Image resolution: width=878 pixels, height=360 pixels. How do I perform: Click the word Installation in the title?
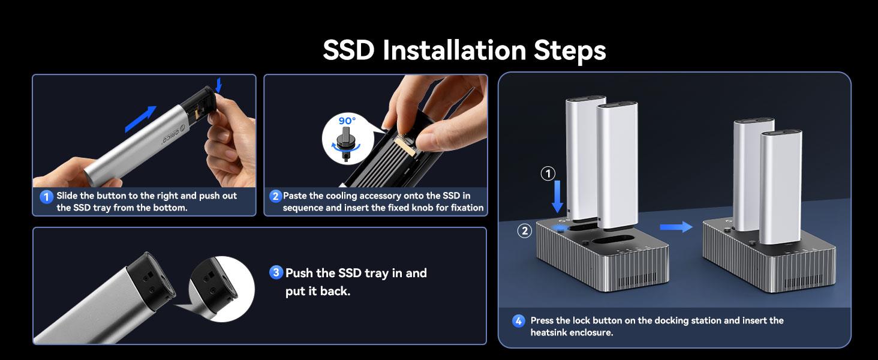[x=454, y=50]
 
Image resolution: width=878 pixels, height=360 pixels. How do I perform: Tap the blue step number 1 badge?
[x=46, y=196]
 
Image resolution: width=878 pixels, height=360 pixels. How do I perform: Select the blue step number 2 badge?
[x=275, y=196]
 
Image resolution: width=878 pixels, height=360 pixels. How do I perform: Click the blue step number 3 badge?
[x=276, y=272]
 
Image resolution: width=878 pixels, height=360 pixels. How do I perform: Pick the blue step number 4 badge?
[x=519, y=321]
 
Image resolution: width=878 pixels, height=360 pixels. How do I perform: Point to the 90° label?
[x=347, y=121]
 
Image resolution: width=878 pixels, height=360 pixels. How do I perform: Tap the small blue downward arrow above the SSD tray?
[x=219, y=85]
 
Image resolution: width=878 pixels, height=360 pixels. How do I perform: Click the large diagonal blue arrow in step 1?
[x=140, y=119]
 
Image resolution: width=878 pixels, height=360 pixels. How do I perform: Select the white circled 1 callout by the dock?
[x=548, y=173]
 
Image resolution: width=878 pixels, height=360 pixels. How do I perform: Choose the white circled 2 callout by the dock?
[x=525, y=230]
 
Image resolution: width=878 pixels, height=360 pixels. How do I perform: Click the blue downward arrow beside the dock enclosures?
[x=557, y=197]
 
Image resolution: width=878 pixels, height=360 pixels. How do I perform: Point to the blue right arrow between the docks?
[x=676, y=227]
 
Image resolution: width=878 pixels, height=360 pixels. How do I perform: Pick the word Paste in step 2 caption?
[x=294, y=195]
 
